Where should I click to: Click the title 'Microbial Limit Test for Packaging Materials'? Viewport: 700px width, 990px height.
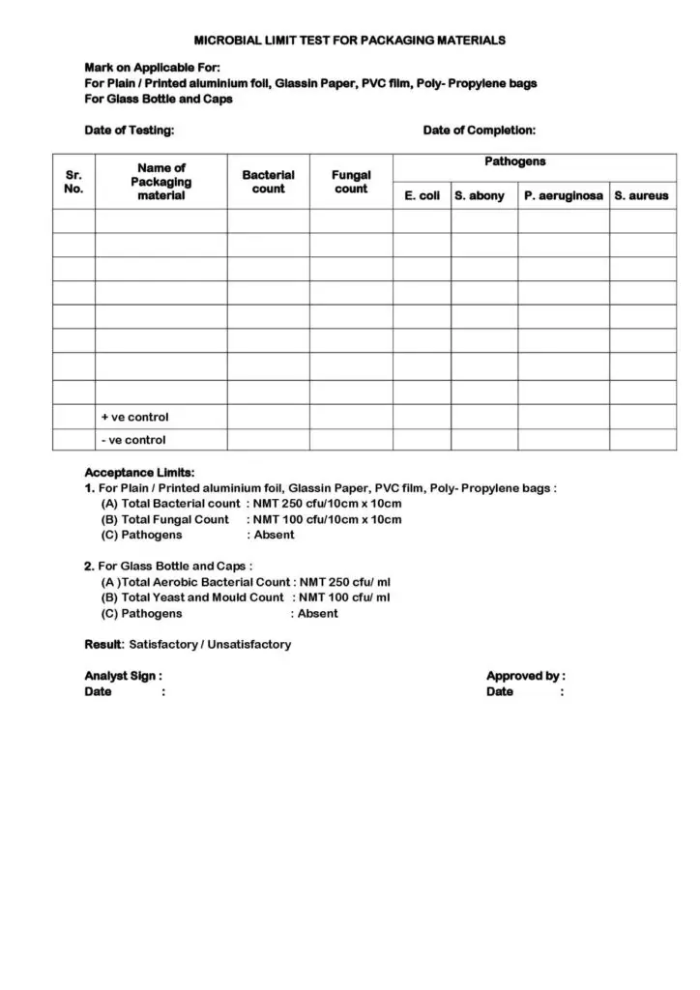350,41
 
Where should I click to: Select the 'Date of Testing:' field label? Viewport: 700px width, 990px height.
130,131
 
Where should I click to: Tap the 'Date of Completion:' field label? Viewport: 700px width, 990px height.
479,131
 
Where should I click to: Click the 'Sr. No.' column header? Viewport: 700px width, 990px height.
73,182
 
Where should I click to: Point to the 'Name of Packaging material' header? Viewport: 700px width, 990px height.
160,182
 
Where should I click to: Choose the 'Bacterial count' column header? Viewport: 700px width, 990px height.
268,182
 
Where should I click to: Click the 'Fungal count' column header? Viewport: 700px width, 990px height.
351,182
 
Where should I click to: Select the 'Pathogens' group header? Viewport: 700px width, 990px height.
514,162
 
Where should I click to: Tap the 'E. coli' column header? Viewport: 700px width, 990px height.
422,196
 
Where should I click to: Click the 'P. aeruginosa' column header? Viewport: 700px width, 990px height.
563,196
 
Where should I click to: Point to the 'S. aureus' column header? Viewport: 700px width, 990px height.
641,196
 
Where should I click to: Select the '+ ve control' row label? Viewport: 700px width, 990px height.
134,418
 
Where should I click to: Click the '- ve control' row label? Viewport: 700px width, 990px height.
133,441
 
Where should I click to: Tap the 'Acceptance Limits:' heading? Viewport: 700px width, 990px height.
139,473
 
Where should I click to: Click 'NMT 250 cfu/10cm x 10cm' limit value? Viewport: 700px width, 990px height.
327,504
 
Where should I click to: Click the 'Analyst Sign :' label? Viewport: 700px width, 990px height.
123,676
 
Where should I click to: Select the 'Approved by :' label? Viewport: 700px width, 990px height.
525,676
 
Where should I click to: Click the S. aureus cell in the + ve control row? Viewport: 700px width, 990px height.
642,418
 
